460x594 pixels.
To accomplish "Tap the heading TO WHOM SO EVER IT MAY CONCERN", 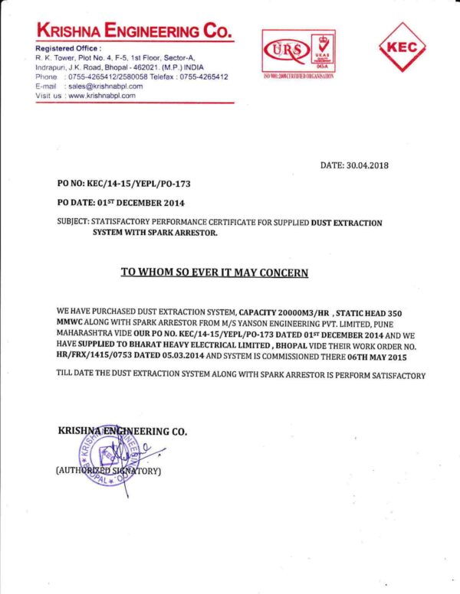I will point(215,273).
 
